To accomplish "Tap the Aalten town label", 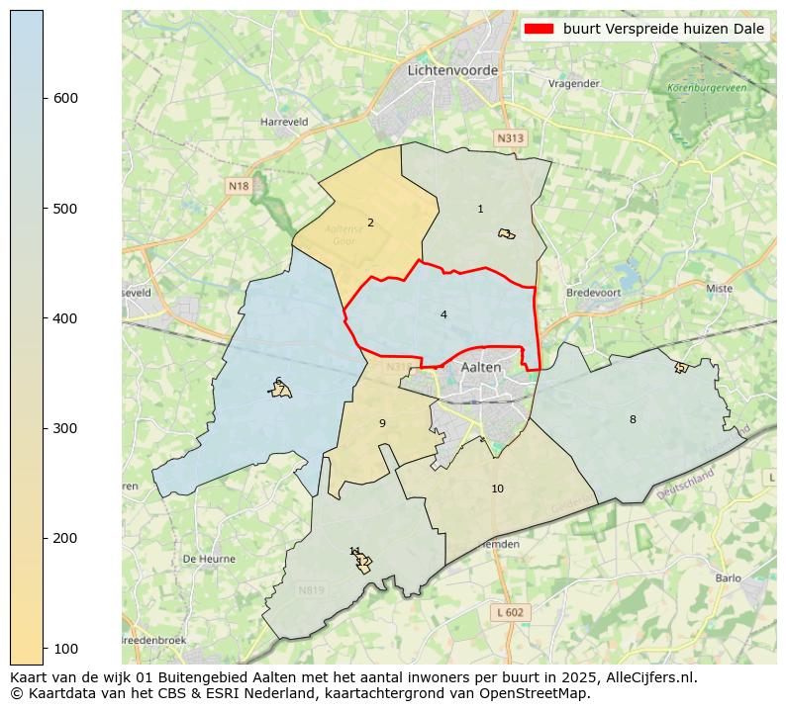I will tap(481, 367).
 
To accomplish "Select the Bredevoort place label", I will tap(592, 293).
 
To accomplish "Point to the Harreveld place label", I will tap(284, 122).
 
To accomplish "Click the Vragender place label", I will tap(574, 84).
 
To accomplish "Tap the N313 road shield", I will tap(510, 138).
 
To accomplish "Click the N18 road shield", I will tap(239, 186).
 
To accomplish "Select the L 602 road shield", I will tap(512, 612).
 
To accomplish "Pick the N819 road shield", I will tap(311, 590).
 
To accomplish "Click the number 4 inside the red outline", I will tap(443, 314).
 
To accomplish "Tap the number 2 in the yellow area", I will tap(370, 222).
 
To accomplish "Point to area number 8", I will tap(633, 419).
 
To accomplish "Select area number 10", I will tap(497, 489).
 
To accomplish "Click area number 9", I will tap(382, 423).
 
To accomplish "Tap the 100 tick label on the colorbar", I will tap(64, 648).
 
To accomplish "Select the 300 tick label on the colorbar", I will tap(64, 428).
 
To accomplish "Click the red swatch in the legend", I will tap(539, 29).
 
